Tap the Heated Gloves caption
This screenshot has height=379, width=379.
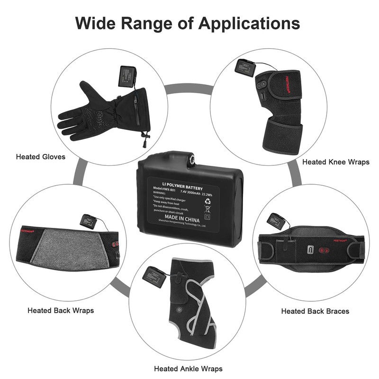click(x=41, y=156)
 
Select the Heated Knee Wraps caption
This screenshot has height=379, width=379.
click(x=335, y=162)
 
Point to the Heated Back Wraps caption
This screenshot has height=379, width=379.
click(x=61, y=310)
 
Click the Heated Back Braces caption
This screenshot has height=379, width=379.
click(x=315, y=311)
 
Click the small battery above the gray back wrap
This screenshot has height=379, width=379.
click(x=88, y=221)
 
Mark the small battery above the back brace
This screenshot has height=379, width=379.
click(x=276, y=221)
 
